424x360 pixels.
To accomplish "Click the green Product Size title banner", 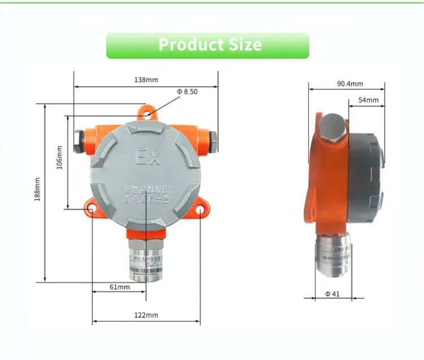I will point(207,45).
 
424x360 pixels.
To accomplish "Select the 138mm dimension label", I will point(146,80).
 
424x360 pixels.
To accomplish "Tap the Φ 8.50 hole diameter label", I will point(187,92).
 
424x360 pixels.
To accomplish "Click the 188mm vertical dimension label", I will point(37,190).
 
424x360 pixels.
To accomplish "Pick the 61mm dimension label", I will point(119,287).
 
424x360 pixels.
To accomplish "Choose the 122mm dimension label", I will point(146,315).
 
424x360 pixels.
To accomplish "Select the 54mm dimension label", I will point(368,100).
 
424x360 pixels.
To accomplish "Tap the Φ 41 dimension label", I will point(332,294).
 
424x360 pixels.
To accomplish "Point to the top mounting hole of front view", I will point(147,115).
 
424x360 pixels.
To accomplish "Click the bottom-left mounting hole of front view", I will point(92,210).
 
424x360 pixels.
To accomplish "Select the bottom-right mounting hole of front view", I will point(201,210).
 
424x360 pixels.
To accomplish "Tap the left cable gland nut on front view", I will point(79,141).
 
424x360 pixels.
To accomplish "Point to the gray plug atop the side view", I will point(332,128).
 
